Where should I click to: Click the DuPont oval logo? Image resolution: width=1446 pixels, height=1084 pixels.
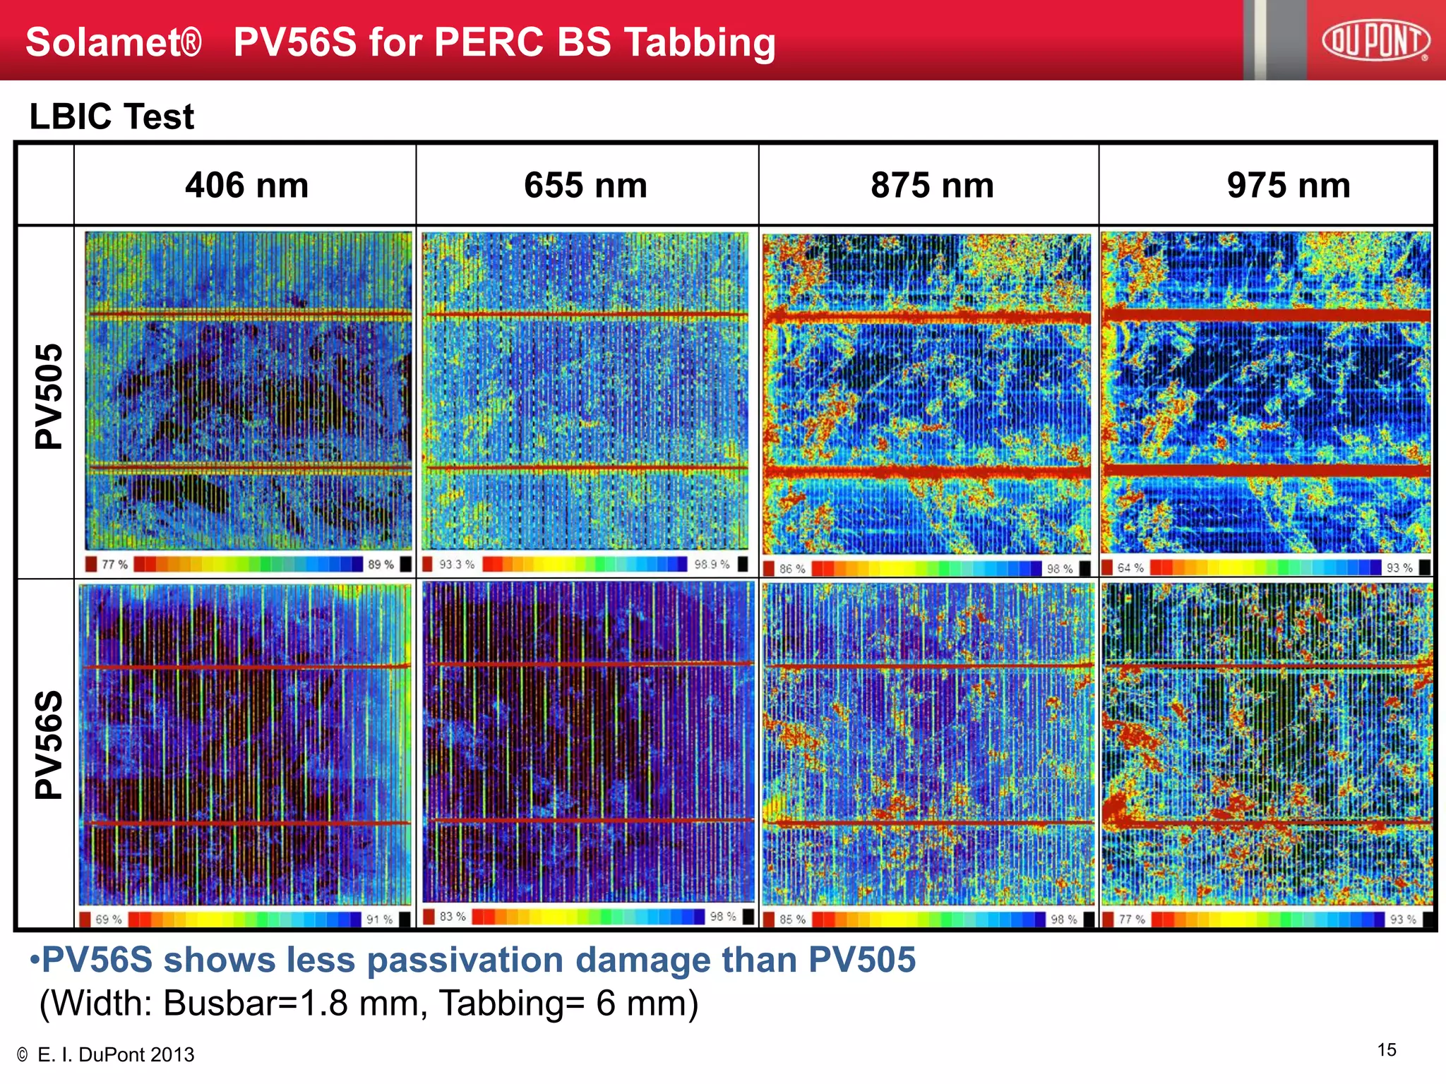[x=1375, y=40]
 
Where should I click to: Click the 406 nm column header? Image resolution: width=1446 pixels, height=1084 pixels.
[x=246, y=186]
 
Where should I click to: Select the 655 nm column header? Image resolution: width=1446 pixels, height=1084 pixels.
[x=585, y=186]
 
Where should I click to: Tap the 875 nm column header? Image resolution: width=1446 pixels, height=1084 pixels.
[x=932, y=186]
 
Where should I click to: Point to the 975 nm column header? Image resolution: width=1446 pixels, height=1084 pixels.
[x=1288, y=186]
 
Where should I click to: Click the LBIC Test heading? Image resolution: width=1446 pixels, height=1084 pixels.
[x=112, y=116]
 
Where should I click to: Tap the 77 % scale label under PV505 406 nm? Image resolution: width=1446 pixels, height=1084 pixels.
[x=114, y=565]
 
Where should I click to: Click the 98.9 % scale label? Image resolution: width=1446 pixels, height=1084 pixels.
[x=711, y=565]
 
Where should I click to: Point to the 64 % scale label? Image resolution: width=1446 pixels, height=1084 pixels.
[x=1130, y=567]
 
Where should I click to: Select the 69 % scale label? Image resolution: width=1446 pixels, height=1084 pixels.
[x=108, y=920]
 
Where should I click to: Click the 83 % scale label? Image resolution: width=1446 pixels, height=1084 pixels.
[x=453, y=916]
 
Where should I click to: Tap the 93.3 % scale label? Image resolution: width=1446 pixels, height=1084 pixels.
[x=456, y=565]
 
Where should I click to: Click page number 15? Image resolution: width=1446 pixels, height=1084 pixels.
[x=1386, y=1050]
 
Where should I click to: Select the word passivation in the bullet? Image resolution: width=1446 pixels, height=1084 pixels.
[x=467, y=960]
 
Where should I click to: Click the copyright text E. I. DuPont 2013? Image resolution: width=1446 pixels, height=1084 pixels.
[x=115, y=1054]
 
